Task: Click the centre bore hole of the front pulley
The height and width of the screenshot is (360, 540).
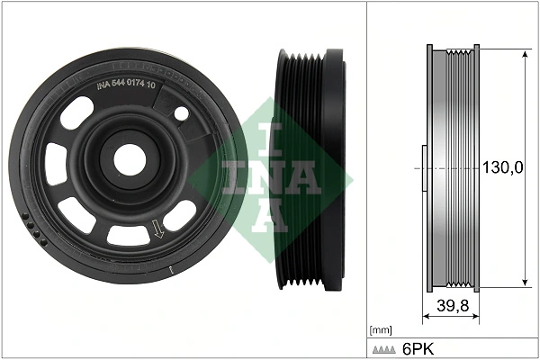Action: point(129,160)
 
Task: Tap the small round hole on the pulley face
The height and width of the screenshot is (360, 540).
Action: point(181,114)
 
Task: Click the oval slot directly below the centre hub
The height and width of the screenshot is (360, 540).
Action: point(128,236)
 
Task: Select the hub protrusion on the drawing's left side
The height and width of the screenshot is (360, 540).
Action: point(423,167)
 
